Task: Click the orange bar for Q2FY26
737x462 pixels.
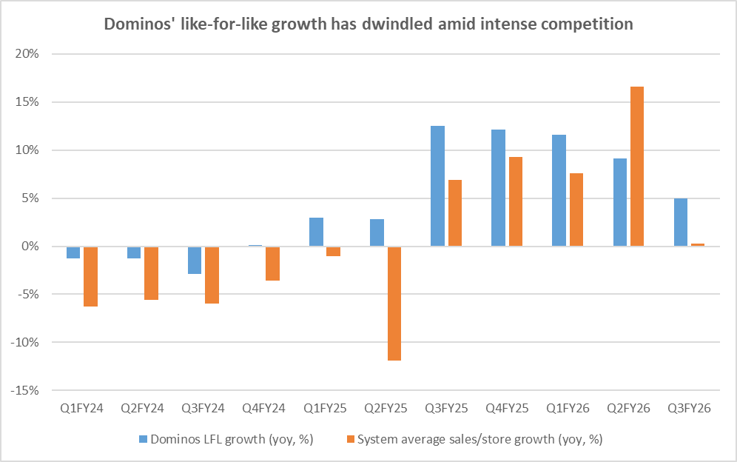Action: pos(636,167)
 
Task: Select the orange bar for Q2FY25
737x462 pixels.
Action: pos(394,304)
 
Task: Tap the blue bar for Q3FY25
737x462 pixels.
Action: pos(437,186)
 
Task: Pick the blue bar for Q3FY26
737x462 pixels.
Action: pos(680,222)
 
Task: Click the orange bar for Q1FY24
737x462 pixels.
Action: pos(90,276)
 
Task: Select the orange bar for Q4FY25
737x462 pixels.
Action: pos(515,201)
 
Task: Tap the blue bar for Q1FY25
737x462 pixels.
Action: pos(316,232)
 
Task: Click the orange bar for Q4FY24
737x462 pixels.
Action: pos(272,264)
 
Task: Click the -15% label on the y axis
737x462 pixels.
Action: pos(27,390)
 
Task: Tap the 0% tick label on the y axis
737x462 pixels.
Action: pos(32,247)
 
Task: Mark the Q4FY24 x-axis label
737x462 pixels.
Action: pos(264,408)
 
